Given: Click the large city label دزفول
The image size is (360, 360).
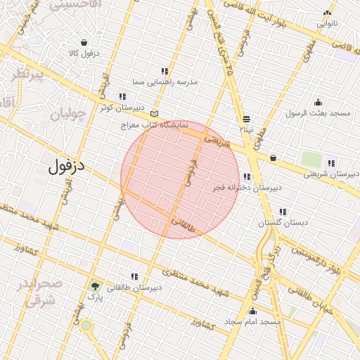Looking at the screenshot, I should [67, 167].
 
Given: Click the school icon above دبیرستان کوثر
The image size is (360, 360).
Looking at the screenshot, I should [122, 96].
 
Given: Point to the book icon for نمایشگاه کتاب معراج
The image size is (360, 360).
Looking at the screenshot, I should [155, 114].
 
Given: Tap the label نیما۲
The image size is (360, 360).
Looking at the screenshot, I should [245, 129].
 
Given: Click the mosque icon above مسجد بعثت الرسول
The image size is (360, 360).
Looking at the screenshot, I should [318, 102].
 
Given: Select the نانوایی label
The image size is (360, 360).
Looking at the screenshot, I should [327, 23].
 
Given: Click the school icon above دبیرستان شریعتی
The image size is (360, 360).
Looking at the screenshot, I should [331, 163].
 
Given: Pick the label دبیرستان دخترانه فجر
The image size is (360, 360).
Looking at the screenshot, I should [247, 188].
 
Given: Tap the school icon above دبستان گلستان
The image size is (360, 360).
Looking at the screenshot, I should [283, 212].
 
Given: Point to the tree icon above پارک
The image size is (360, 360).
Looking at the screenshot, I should [94, 286].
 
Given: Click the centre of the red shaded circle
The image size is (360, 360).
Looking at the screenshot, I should [181, 179].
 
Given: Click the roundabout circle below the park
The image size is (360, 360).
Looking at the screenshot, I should [86, 325].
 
